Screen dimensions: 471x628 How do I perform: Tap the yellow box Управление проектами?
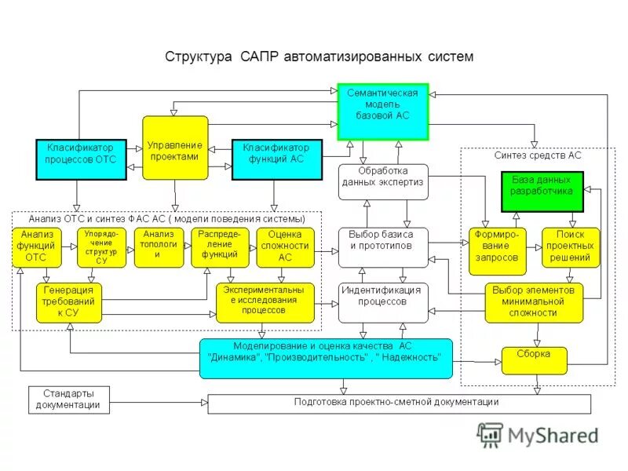[x=175, y=147]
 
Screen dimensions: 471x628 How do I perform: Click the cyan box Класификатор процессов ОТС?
[x=81, y=159]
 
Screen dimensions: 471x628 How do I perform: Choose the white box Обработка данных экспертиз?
[x=383, y=182]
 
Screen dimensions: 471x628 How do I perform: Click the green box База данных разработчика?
[x=542, y=192]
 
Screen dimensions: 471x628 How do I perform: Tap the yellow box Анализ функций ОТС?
[x=36, y=248]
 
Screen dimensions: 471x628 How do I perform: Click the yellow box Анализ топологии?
[x=158, y=248]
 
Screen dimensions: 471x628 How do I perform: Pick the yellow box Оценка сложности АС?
[x=285, y=248]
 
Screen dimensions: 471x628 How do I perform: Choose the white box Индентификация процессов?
[x=383, y=302]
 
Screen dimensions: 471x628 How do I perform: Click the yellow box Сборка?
[x=535, y=360]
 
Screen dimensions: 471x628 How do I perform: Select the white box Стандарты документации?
[x=69, y=400]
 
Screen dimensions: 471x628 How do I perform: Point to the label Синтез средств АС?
[x=539, y=155]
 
